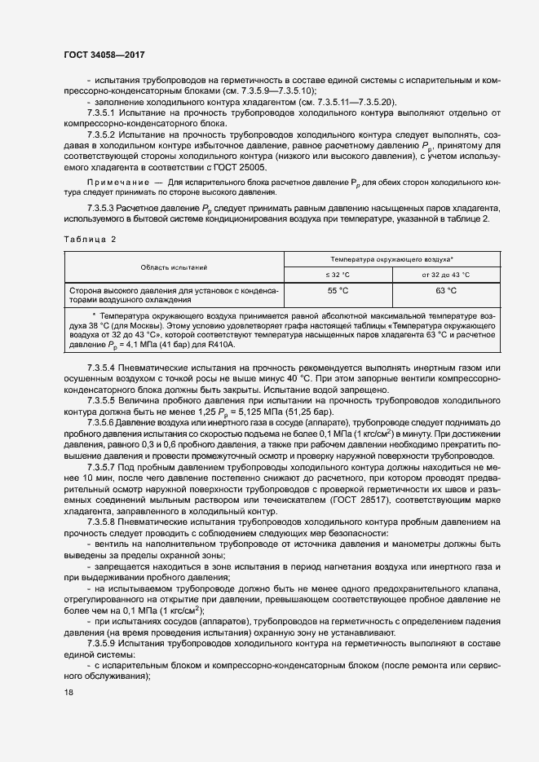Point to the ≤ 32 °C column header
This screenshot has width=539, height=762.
pos(338,275)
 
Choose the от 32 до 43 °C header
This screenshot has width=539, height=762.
pos(446,275)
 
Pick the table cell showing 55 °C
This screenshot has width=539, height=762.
pos(338,290)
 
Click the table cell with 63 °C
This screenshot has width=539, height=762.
pos(446,290)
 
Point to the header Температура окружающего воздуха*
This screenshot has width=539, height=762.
pos(391,258)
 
